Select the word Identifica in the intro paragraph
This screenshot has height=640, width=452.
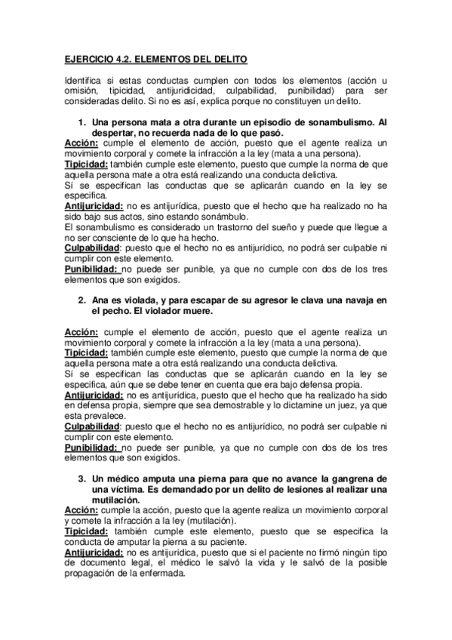pyautogui.click(x=85, y=80)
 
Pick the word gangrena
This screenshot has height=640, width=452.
pyautogui.click(x=346, y=478)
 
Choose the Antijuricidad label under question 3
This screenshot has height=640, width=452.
pyautogui.click(x=94, y=552)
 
